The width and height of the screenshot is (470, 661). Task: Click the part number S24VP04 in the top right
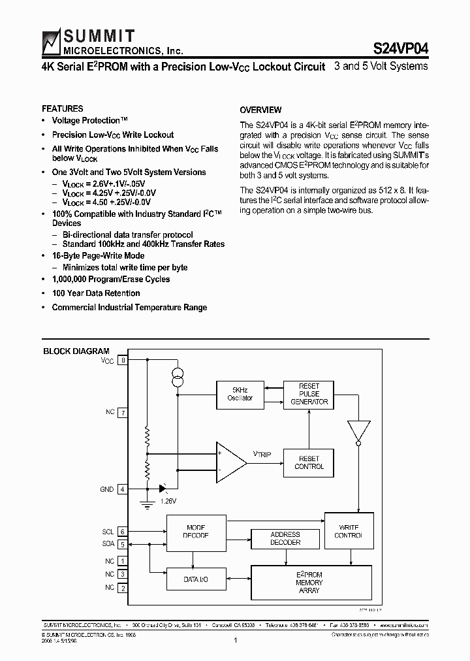pyautogui.click(x=400, y=48)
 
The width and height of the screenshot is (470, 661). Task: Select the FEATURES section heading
pyautogui.click(x=63, y=108)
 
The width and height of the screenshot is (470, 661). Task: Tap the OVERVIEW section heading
pyautogui.click(x=260, y=110)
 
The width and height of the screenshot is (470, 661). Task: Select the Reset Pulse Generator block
pyautogui.click(x=309, y=394)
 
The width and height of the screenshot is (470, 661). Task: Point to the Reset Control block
pyautogui.click(x=309, y=462)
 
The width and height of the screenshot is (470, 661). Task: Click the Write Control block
pyautogui.click(x=350, y=531)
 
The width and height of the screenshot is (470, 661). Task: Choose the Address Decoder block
pyautogui.click(x=285, y=538)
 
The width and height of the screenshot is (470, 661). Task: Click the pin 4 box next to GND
pyautogui.click(x=122, y=489)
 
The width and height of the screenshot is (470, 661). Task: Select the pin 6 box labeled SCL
pyautogui.click(x=122, y=532)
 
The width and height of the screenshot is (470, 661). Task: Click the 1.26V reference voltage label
pyautogui.click(x=168, y=501)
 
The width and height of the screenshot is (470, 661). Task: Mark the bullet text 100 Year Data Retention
pyautogui.click(x=96, y=293)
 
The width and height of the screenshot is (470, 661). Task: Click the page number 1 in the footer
pyautogui.click(x=234, y=641)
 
